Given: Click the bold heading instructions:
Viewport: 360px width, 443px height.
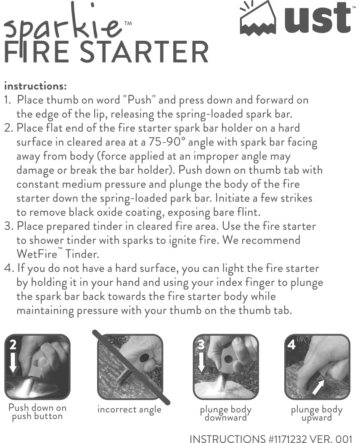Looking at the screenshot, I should pos(35,86).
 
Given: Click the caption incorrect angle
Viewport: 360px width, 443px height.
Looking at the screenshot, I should pos(129,409).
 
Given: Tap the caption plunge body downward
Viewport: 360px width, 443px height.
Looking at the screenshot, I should pos(225,413).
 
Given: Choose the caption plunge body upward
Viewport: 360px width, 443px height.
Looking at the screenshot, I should pos(316,413).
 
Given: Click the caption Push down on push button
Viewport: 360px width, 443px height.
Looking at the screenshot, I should pos(37,412).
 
